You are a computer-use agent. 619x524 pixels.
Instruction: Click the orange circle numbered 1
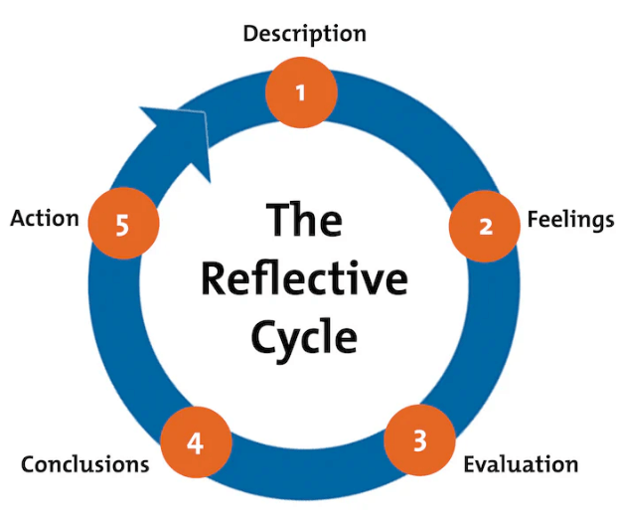[x=302, y=92]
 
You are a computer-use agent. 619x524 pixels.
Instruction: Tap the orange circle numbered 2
[x=485, y=225]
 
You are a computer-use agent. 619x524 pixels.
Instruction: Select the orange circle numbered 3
[x=419, y=439]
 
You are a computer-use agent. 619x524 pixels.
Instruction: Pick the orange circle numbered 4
[x=196, y=442]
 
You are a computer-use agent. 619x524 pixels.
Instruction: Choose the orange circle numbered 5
[x=122, y=225]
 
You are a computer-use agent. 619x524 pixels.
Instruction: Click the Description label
[x=304, y=34]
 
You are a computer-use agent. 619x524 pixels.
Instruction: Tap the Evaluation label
[x=520, y=464]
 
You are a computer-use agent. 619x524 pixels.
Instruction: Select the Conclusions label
[x=85, y=464]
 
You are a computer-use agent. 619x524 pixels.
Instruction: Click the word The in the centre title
[x=304, y=219]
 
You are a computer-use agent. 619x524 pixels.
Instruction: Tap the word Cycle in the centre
[x=304, y=338]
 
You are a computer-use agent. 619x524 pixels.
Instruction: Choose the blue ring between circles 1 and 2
[x=417, y=124]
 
